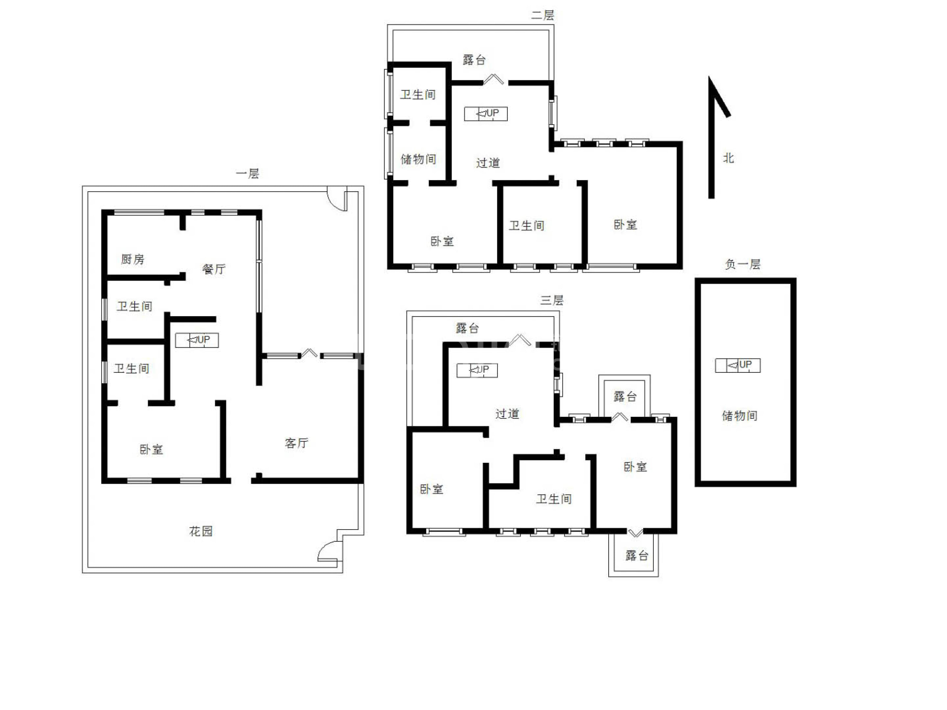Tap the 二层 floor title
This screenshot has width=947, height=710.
(543, 15)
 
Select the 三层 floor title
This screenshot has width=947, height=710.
(552, 300)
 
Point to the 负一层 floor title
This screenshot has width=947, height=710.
(743, 264)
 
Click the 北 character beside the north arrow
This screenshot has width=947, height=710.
(729, 158)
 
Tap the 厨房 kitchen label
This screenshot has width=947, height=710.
(132, 259)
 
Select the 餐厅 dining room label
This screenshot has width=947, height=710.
(214, 269)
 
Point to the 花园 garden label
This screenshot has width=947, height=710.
(201, 531)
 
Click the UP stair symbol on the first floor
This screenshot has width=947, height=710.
(197, 340)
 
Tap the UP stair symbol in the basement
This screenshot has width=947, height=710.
(738, 365)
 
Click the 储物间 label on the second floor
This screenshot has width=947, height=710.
(418, 159)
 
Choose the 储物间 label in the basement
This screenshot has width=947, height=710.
(740, 416)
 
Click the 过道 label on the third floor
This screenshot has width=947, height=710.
(507, 413)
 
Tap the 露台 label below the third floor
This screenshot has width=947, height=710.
(637, 555)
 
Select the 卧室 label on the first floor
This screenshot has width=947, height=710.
(151, 449)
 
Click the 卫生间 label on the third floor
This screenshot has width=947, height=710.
(554, 499)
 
